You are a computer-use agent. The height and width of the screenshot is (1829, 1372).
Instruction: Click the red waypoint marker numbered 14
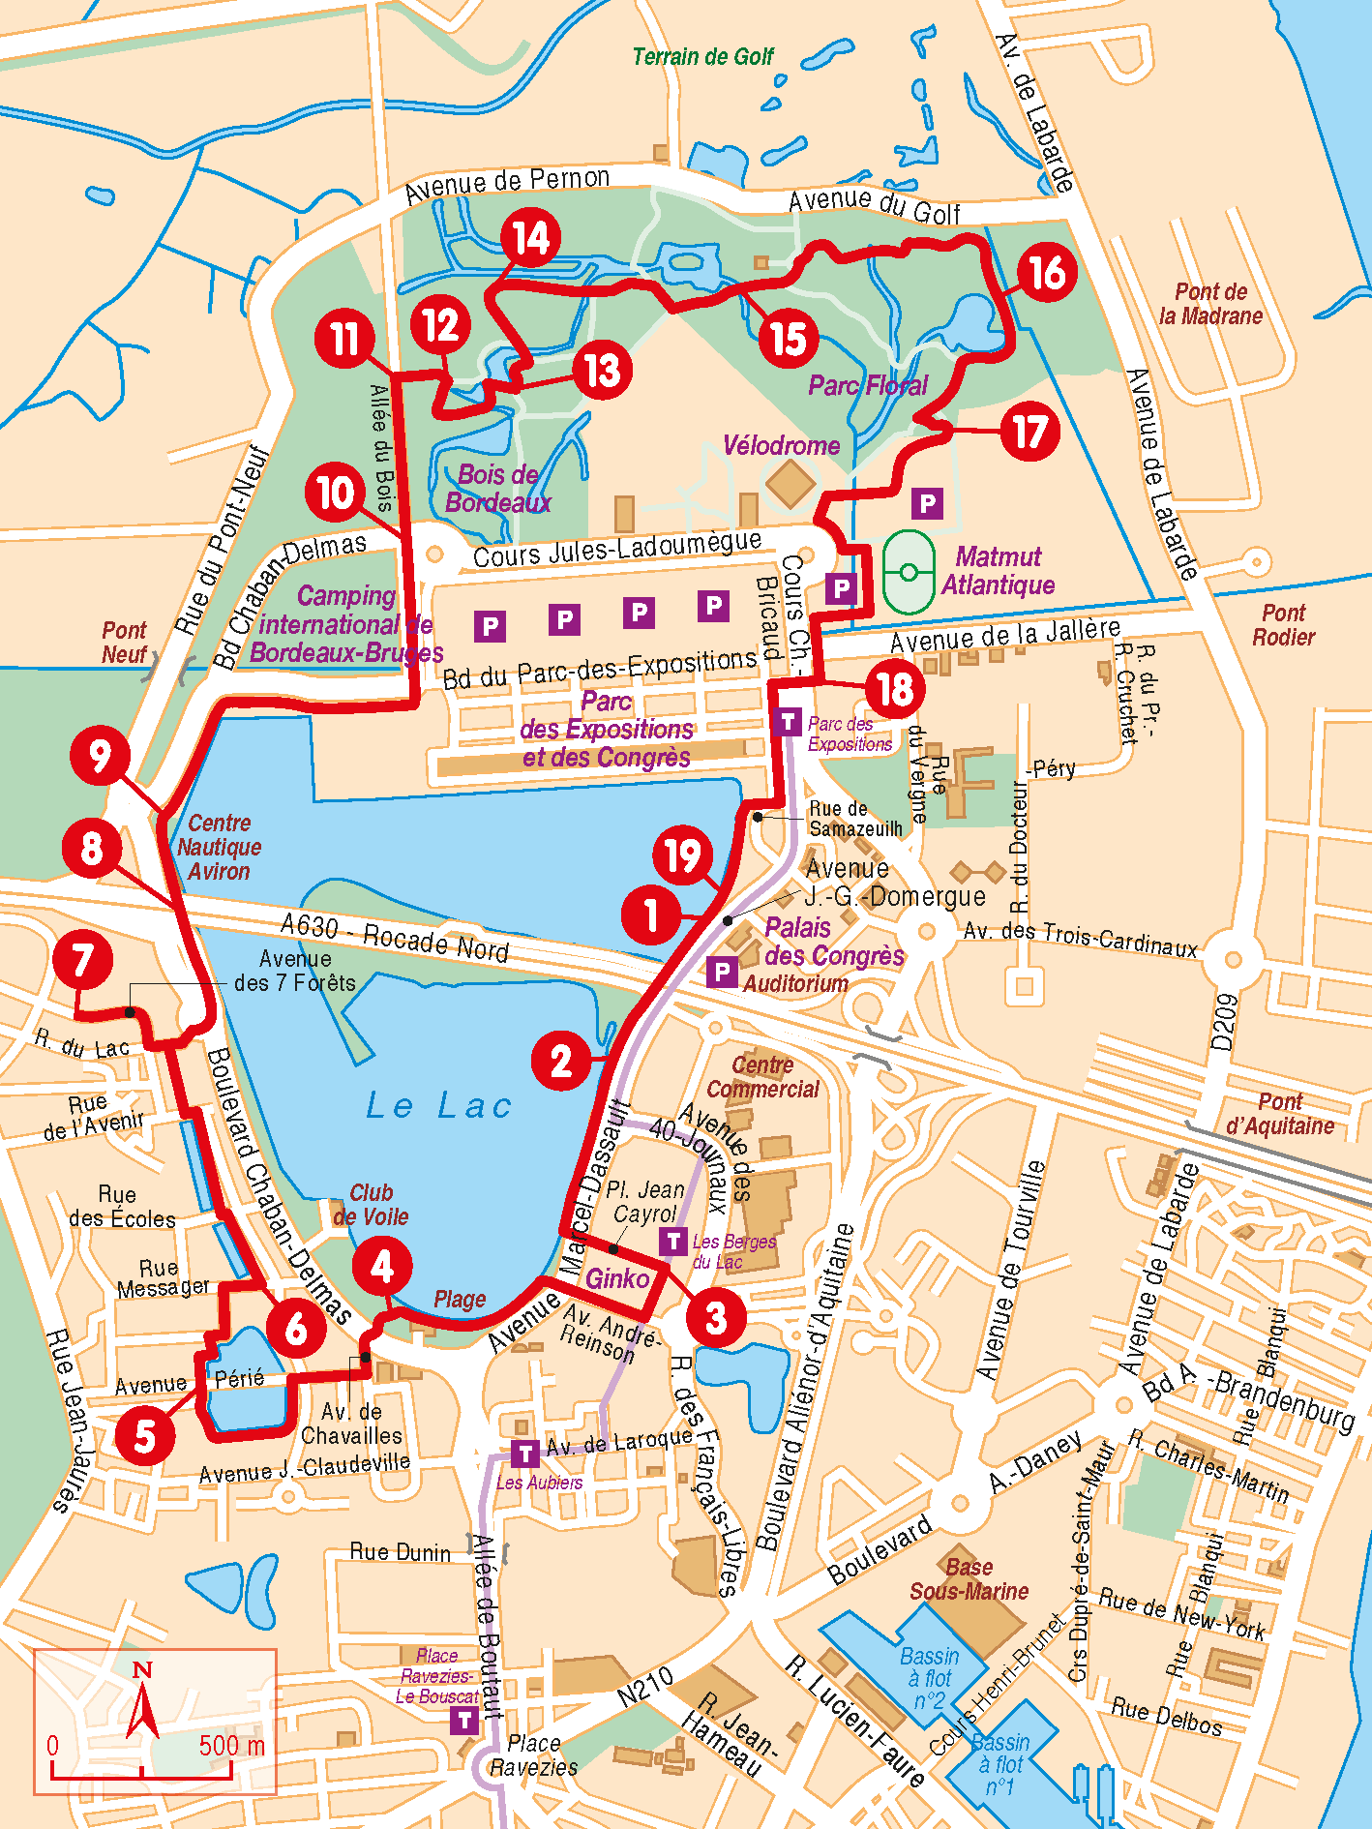click(x=530, y=238)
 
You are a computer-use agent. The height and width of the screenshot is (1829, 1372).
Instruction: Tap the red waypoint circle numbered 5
click(x=145, y=1435)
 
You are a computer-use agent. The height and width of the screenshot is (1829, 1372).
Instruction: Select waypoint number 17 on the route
click(x=1030, y=432)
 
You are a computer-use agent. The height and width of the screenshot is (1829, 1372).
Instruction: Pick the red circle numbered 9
click(x=100, y=756)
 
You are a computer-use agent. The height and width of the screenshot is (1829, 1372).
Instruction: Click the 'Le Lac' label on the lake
click(x=438, y=1105)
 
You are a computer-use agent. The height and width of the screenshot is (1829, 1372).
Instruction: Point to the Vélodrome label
click(x=781, y=446)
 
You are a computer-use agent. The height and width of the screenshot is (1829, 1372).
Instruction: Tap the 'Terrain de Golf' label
click(x=702, y=57)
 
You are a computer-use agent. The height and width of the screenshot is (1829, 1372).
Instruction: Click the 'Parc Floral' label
click(x=868, y=386)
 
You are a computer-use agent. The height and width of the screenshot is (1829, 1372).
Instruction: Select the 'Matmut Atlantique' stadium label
click(x=998, y=571)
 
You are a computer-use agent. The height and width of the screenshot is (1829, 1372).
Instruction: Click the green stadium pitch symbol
click(x=909, y=572)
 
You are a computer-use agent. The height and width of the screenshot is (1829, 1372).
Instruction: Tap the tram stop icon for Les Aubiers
click(x=524, y=1454)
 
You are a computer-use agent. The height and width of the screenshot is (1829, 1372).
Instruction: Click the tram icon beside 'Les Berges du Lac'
click(x=673, y=1241)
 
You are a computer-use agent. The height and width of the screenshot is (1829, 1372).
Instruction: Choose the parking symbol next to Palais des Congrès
click(x=722, y=972)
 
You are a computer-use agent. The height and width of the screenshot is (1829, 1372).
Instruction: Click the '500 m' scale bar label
click(x=231, y=1746)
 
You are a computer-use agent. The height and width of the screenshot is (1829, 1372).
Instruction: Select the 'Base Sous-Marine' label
click(x=969, y=1579)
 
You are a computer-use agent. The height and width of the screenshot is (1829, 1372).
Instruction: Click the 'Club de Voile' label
click(x=371, y=1205)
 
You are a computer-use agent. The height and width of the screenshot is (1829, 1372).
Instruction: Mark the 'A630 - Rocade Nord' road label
click(x=394, y=936)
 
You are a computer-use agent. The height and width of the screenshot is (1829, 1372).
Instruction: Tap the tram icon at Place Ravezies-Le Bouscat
click(x=465, y=1720)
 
